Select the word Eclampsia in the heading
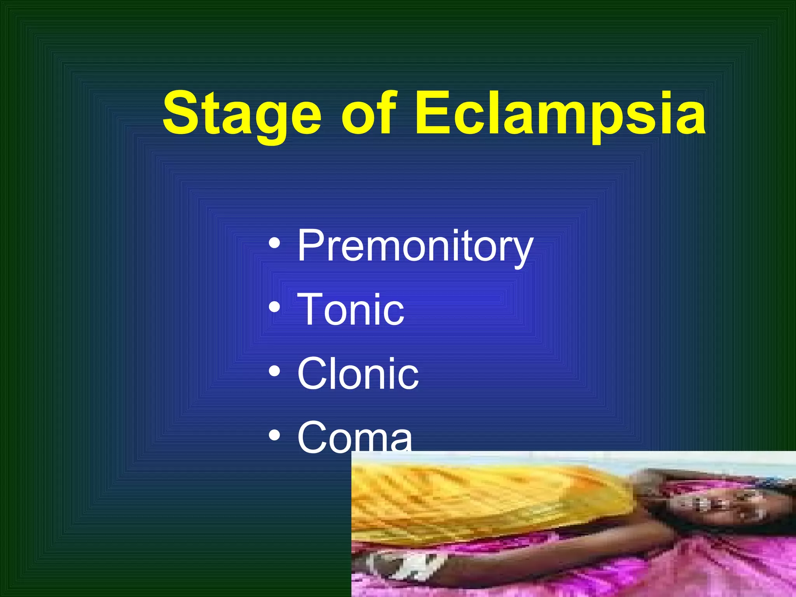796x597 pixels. tap(560, 114)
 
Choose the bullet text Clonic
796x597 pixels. tap(358, 374)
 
